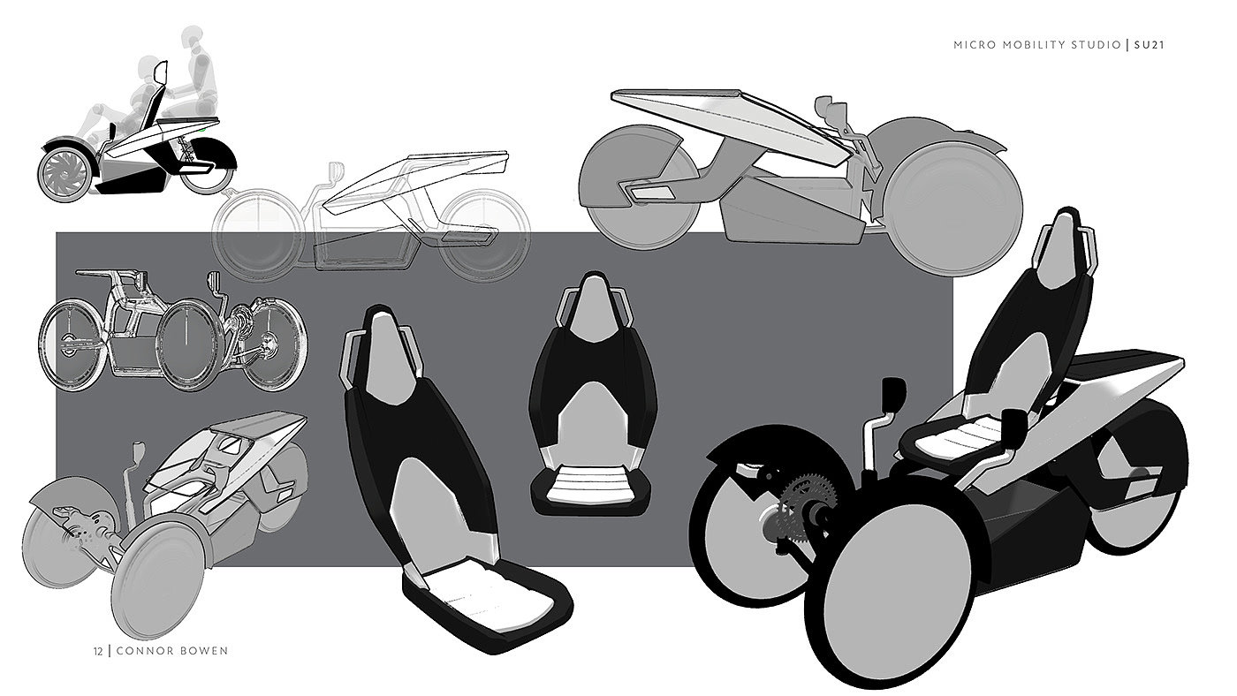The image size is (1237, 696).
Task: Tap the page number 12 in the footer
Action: coord(97,651)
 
